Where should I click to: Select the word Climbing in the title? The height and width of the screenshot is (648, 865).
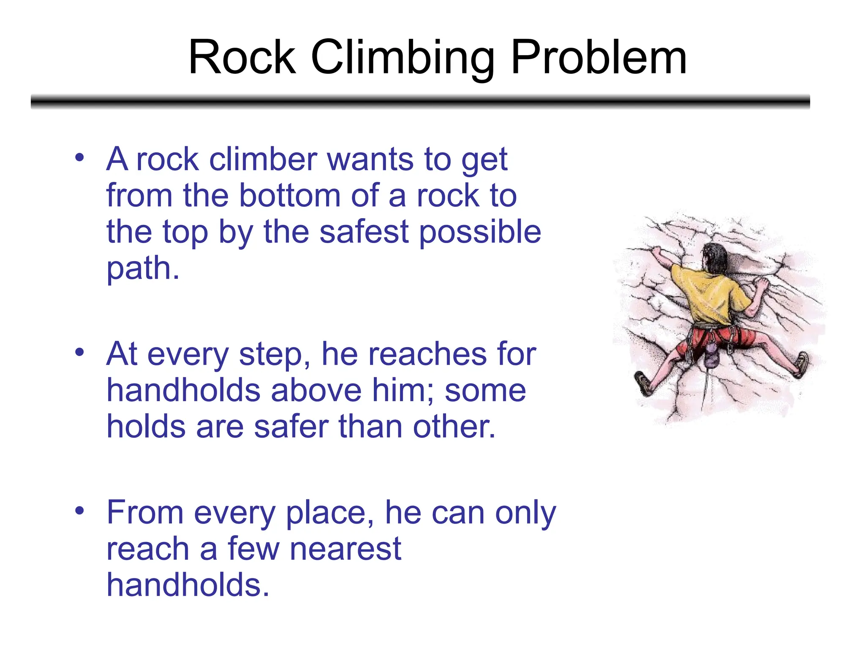click(x=403, y=59)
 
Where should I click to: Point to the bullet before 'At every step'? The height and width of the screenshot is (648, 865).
click(x=79, y=352)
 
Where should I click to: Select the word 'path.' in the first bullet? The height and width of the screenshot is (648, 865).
click(x=143, y=269)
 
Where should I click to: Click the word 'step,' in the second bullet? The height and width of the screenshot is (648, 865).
click(x=275, y=355)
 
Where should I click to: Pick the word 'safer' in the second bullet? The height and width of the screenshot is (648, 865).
click(x=291, y=427)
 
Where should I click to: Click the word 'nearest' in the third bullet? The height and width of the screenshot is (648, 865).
click(x=345, y=549)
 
